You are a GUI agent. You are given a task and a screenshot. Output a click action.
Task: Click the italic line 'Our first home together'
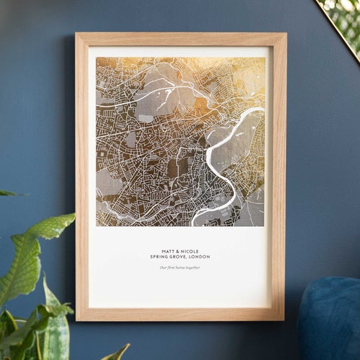pyautogui.click(x=180, y=268)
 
